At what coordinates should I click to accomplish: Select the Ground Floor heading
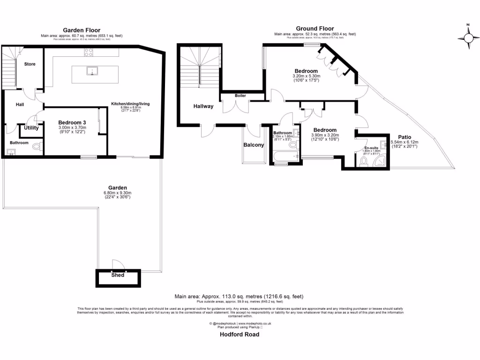[315, 29]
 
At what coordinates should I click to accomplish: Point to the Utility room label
[31, 127]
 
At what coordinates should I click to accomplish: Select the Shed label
[118, 275]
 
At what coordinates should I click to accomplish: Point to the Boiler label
[240, 96]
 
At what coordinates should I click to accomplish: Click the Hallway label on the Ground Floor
[203, 106]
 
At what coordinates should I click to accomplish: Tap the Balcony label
[254, 145]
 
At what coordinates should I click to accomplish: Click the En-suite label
[371, 148]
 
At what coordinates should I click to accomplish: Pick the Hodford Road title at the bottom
[240, 335]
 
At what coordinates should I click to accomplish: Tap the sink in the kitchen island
[92, 71]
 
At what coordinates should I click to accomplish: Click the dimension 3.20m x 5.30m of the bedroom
[306, 76]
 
